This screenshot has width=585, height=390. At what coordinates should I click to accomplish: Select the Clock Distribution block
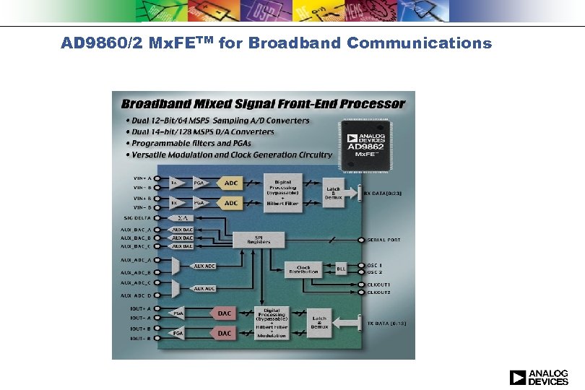pos(303,269)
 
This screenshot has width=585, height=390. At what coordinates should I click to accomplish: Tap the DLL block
pos(341,269)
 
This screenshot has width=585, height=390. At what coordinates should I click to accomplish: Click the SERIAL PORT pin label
pos(385,240)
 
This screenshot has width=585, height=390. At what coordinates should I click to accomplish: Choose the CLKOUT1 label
pos(379,285)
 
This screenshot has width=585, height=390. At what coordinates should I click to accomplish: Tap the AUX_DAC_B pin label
pos(136,238)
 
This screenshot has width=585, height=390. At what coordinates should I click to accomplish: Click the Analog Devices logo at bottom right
pos(539,377)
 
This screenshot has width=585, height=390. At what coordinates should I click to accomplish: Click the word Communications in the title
pos(419,43)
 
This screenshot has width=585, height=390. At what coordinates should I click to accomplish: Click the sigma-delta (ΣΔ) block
pos(183,217)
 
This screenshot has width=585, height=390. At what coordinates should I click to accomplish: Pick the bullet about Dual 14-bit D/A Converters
pos(200,131)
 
